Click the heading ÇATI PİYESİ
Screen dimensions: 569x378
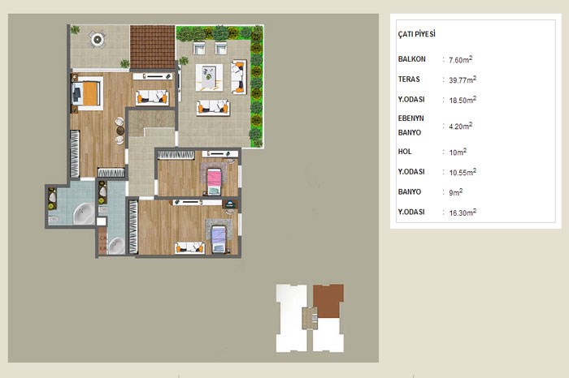click(x=416, y=34)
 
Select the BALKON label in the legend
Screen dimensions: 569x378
click(x=411, y=59)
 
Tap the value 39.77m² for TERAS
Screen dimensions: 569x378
click(x=463, y=79)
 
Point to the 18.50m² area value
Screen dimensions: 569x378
click(x=463, y=100)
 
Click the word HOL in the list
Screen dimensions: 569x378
click(x=405, y=152)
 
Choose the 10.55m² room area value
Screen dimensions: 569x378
click(x=463, y=172)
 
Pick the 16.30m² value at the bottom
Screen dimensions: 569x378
click(x=463, y=213)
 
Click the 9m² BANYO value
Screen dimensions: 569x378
click(x=455, y=192)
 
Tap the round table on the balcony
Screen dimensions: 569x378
click(x=98, y=39)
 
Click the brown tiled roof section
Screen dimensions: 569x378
click(x=153, y=47)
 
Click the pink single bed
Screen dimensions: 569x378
click(x=214, y=182)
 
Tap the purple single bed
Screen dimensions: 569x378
click(x=218, y=238)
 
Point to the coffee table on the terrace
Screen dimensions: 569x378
click(x=210, y=77)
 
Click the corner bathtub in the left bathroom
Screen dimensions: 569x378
click(x=85, y=213)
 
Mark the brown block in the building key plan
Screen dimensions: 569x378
click(x=328, y=300)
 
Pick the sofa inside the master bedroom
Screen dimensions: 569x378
click(x=152, y=97)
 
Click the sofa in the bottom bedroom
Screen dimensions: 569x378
click(x=189, y=248)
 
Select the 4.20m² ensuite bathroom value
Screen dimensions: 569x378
click(x=461, y=126)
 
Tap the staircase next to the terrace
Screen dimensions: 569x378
click(x=151, y=124)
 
